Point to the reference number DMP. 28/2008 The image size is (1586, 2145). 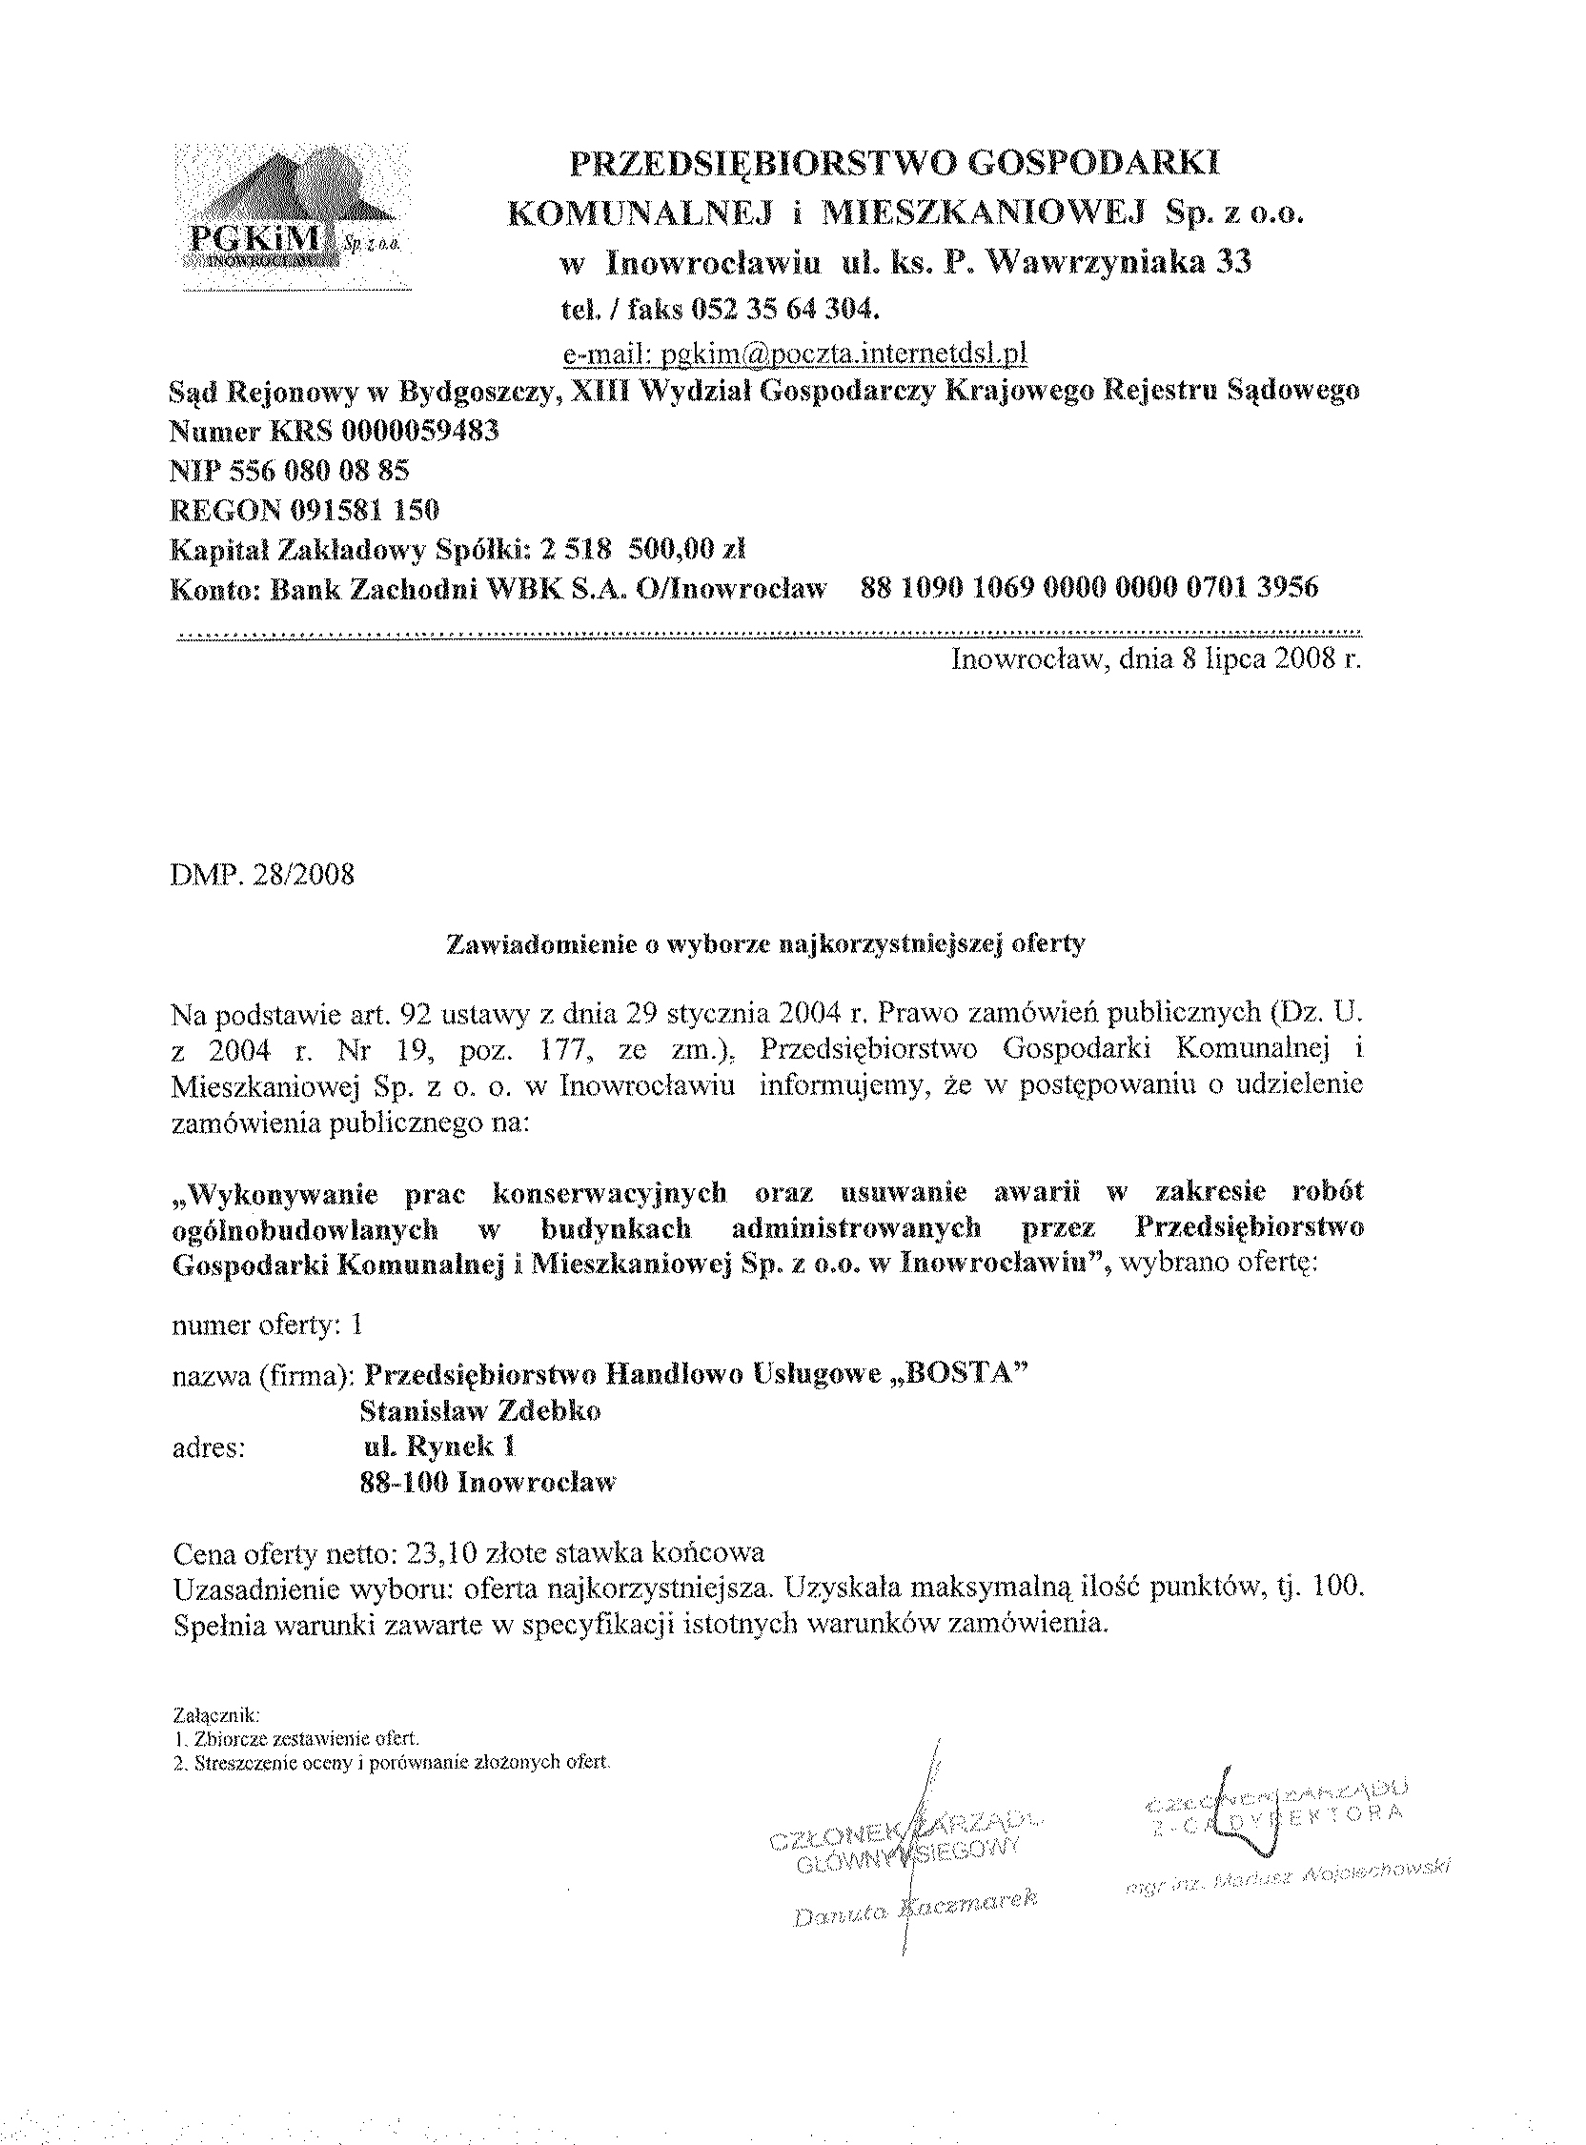pos(262,876)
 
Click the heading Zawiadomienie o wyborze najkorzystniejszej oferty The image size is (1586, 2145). pos(766,944)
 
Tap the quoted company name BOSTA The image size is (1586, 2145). pos(954,1374)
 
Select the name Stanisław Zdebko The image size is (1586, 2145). pos(480,1411)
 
